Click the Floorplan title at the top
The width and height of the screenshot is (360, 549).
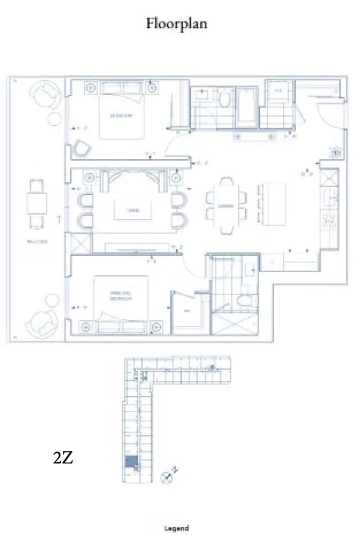[177, 24]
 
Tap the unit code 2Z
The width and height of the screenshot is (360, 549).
[63, 457]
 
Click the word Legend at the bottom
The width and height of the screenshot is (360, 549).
[177, 528]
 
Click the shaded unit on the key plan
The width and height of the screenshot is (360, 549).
[131, 462]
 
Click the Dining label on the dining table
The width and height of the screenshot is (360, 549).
[225, 206]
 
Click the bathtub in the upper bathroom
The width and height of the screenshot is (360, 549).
[246, 107]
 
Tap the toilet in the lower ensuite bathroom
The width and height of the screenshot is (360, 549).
[243, 301]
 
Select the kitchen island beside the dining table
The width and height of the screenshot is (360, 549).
[275, 203]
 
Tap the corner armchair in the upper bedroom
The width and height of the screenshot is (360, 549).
[81, 148]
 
